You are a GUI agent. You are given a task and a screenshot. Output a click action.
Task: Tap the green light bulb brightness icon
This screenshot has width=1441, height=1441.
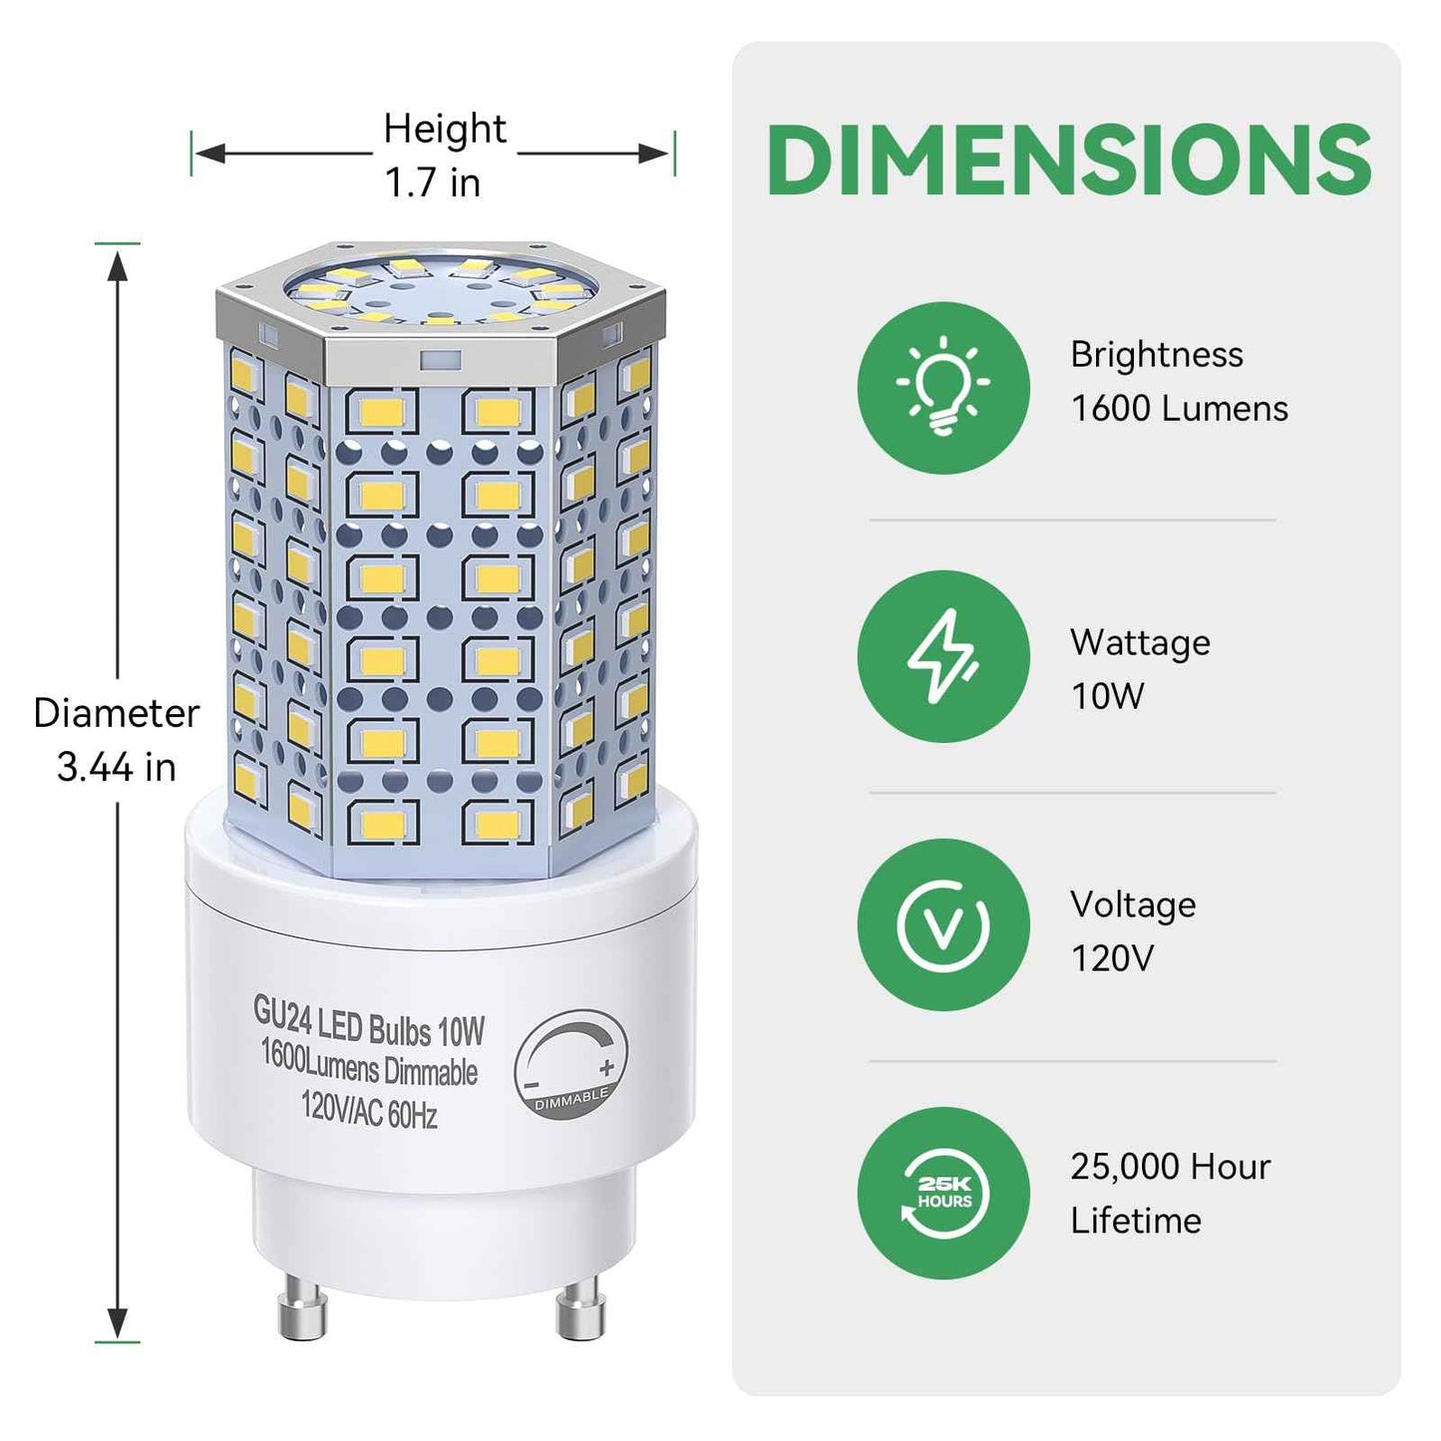(942, 388)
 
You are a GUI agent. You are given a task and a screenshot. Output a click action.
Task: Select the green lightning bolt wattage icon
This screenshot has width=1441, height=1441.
(942, 656)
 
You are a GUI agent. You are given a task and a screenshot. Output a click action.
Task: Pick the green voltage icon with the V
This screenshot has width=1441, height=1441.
(942, 924)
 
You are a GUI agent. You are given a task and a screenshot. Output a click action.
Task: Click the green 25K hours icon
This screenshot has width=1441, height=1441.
(942, 1193)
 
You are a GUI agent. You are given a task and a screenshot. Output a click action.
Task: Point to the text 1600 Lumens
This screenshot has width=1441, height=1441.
(1179, 409)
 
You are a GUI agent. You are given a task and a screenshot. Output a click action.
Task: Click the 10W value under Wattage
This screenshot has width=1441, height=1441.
(1107, 696)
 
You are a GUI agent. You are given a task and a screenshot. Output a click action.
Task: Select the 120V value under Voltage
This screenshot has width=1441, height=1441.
(1112, 958)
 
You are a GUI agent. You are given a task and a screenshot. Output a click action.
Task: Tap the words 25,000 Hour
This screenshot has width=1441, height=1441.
(1170, 1167)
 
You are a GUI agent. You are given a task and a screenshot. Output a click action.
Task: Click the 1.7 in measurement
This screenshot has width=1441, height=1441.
(433, 183)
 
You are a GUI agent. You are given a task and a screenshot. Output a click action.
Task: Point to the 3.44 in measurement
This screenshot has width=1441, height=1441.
(116, 767)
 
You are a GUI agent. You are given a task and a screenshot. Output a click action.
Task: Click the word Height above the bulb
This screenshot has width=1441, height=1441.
(445, 129)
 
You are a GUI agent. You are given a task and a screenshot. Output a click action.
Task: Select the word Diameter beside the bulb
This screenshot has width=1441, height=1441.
(116, 714)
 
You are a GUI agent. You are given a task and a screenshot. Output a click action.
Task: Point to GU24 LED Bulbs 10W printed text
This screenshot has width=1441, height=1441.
(369, 1022)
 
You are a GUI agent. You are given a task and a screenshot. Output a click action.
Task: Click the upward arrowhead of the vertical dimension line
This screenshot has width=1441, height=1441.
(118, 266)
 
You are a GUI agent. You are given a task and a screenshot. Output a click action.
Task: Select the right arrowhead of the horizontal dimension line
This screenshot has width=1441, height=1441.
(654, 154)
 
